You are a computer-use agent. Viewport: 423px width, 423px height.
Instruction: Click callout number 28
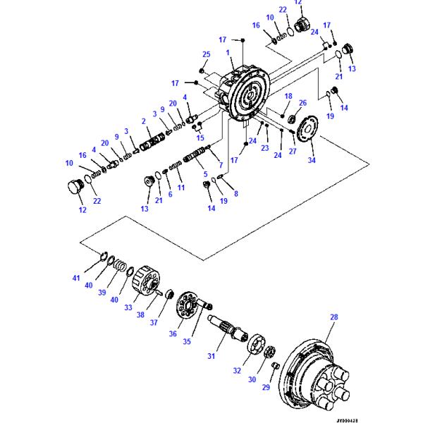coord(334,318)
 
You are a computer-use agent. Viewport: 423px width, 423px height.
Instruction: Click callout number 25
coord(206,55)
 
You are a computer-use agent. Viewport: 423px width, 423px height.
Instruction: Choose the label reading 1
coord(228,53)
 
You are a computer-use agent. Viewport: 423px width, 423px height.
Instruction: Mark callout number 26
coord(302,103)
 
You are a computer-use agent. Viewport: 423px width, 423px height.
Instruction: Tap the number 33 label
coord(128,307)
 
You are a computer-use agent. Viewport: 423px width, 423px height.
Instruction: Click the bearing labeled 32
coord(254,348)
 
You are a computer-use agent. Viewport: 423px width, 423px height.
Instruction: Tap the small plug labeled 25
coord(202,70)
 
